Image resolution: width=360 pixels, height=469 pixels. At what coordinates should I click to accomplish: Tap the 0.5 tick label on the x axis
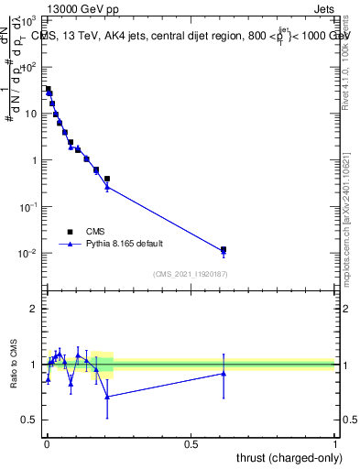tap(191, 444)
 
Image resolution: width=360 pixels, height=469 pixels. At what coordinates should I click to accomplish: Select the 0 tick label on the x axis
tap(46, 444)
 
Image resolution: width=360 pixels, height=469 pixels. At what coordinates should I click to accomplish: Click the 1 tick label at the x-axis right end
tap(335, 444)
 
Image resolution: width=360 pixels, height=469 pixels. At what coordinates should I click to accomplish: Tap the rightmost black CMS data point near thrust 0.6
tap(224, 249)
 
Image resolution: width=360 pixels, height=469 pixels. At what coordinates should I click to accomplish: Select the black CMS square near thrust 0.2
tap(107, 179)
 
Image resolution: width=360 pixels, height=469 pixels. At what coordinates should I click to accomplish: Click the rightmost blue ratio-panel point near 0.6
tap(224, 373)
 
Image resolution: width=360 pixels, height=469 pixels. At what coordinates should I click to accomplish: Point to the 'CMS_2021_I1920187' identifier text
tap(190, 274)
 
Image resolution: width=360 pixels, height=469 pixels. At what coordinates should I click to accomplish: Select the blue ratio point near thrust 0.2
tap(107, 397)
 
